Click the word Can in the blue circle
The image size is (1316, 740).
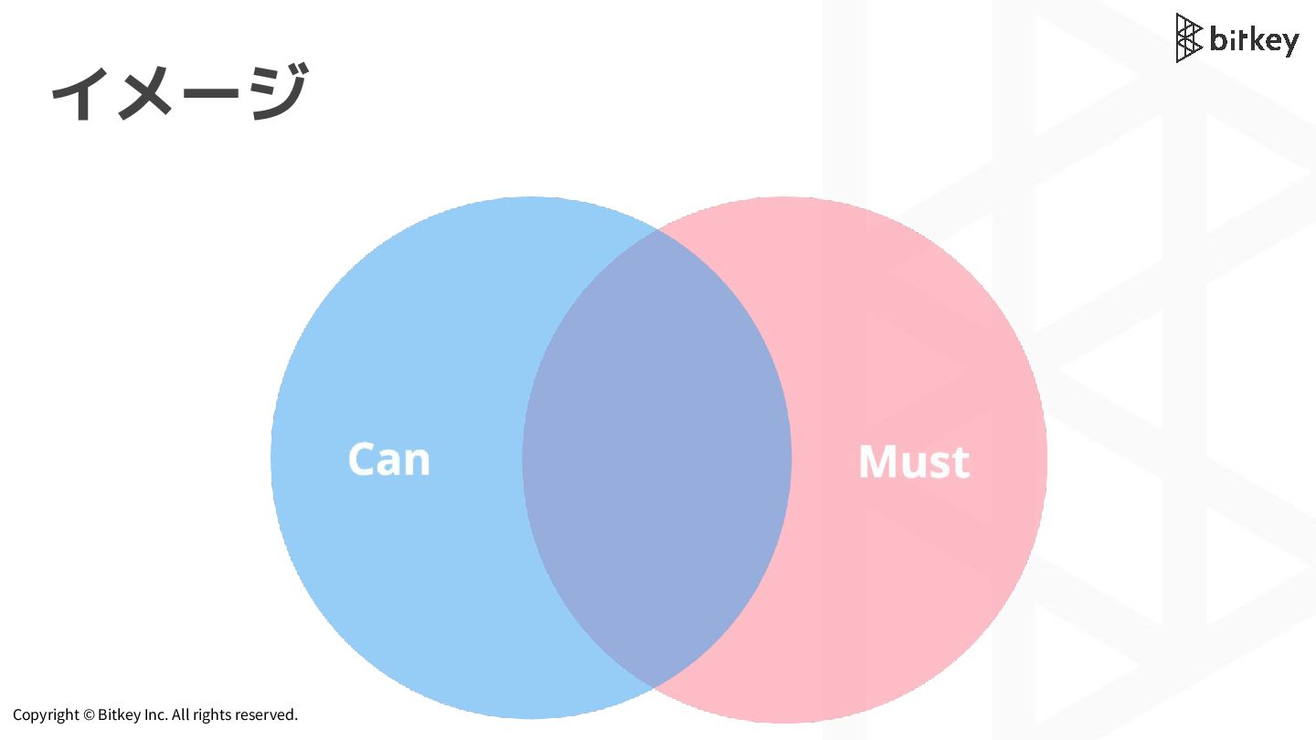coord(388,459)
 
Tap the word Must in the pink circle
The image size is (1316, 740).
coord(913,462)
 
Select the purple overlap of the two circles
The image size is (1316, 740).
coord(656,457)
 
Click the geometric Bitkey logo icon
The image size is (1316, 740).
coord(1188,37)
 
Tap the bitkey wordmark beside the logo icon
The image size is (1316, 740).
coord(1253,40)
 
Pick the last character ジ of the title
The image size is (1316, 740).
coord(274,92)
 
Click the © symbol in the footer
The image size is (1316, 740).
coord(89,714)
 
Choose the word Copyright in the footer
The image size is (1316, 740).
coord(46,714)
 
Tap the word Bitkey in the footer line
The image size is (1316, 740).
coord(119,714)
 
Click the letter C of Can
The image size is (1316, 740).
coord(363,459)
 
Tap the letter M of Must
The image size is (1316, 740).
coord(878,462)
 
